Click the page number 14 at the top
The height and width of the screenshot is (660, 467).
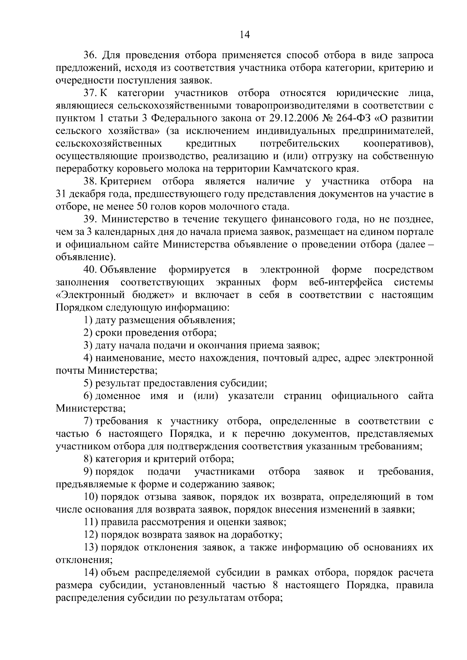244,35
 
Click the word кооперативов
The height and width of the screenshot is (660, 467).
398,144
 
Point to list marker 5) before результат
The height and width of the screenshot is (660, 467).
88,383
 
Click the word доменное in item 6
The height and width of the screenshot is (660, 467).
118,396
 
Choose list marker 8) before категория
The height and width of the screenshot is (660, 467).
88,459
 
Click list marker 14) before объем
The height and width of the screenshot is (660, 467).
91,572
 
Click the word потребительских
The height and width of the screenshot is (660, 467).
299,144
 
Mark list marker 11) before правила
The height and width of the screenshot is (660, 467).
91,522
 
